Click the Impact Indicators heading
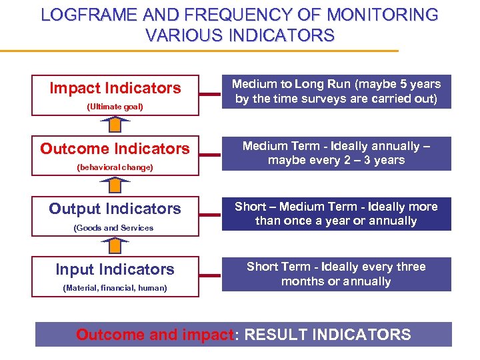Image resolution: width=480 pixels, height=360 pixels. (x=115, y=88)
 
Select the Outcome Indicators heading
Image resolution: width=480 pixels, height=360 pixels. (x=115, y=149)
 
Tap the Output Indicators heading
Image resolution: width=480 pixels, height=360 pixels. (x=115, y=209)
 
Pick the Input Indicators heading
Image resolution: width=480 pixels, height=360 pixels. (x=115, y=269)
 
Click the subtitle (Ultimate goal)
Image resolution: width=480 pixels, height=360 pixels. (x=115, y=107)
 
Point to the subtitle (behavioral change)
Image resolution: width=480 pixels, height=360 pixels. (x=115, y=167)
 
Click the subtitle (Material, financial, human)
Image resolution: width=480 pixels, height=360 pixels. (x=115, y=288)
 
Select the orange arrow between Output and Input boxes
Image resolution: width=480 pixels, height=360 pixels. (x=115, y=245)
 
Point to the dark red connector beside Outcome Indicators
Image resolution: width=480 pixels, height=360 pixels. (x=210, y=155)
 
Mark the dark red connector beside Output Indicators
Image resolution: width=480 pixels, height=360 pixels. (x=210, y=215)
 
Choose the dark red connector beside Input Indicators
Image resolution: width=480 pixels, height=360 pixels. (x=210, y=275)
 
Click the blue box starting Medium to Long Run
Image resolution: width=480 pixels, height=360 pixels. (x=336, y=92)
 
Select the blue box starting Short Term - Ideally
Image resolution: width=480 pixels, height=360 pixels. (x=336, y=274)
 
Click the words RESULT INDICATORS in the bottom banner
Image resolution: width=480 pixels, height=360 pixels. (x=328, y=335)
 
